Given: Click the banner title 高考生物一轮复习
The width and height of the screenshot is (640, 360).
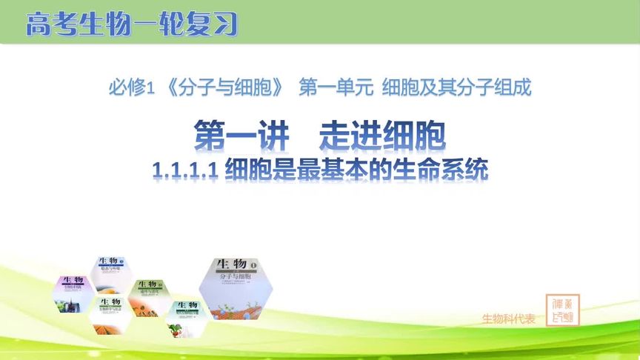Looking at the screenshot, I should pos(132,24).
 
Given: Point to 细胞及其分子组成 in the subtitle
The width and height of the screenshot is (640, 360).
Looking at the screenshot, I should pos(456,89).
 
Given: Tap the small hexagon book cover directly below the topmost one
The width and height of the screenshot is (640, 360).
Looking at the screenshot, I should pos(110,316).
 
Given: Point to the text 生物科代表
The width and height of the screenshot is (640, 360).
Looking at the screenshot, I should pos(508,319).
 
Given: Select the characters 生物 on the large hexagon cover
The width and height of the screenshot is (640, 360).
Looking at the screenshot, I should pos(230,265).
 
